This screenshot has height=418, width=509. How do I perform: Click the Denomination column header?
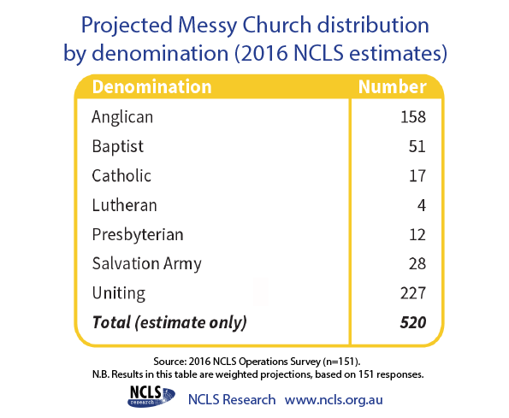151,87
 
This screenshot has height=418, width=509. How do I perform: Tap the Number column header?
392,87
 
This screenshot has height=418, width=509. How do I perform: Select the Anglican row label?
122,117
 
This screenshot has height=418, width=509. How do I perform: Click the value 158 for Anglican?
413,117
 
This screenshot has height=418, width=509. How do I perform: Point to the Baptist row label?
117,146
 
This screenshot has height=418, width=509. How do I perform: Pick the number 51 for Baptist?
417,146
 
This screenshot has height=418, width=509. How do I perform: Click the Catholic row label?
121,176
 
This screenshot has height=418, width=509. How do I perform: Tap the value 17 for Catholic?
417,176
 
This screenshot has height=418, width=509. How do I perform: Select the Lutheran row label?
124,205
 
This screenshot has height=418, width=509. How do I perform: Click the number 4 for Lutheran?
422,205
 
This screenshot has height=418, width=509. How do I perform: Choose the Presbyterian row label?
138,235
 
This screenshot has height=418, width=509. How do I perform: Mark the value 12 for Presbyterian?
417,235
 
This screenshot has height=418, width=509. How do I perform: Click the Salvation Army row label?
147,263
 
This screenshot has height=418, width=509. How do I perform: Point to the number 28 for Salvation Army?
417,263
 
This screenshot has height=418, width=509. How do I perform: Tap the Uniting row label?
119,293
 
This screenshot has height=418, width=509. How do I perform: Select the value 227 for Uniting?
413,293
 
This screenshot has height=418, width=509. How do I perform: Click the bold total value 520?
413,322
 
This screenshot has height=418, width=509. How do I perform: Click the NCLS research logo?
151,397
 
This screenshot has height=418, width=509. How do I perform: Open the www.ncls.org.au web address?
334,400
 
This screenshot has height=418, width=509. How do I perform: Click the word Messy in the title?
208,26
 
